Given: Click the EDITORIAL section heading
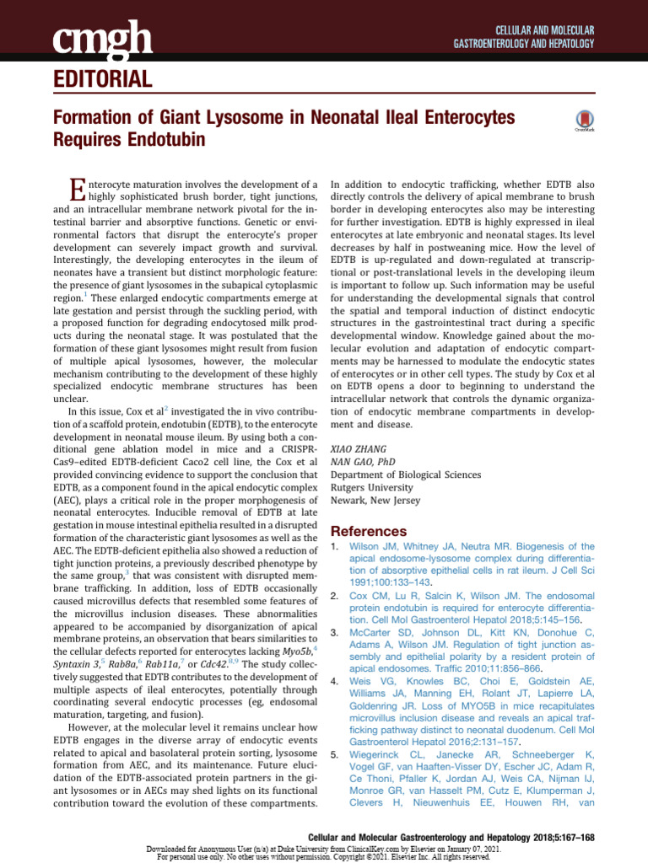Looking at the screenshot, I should (102, 80).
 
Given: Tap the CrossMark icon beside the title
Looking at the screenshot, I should (585, 121).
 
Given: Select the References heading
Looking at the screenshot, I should (368, 531).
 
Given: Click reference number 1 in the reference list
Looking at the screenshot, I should (334, 547).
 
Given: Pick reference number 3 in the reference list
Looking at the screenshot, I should (334, 632).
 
